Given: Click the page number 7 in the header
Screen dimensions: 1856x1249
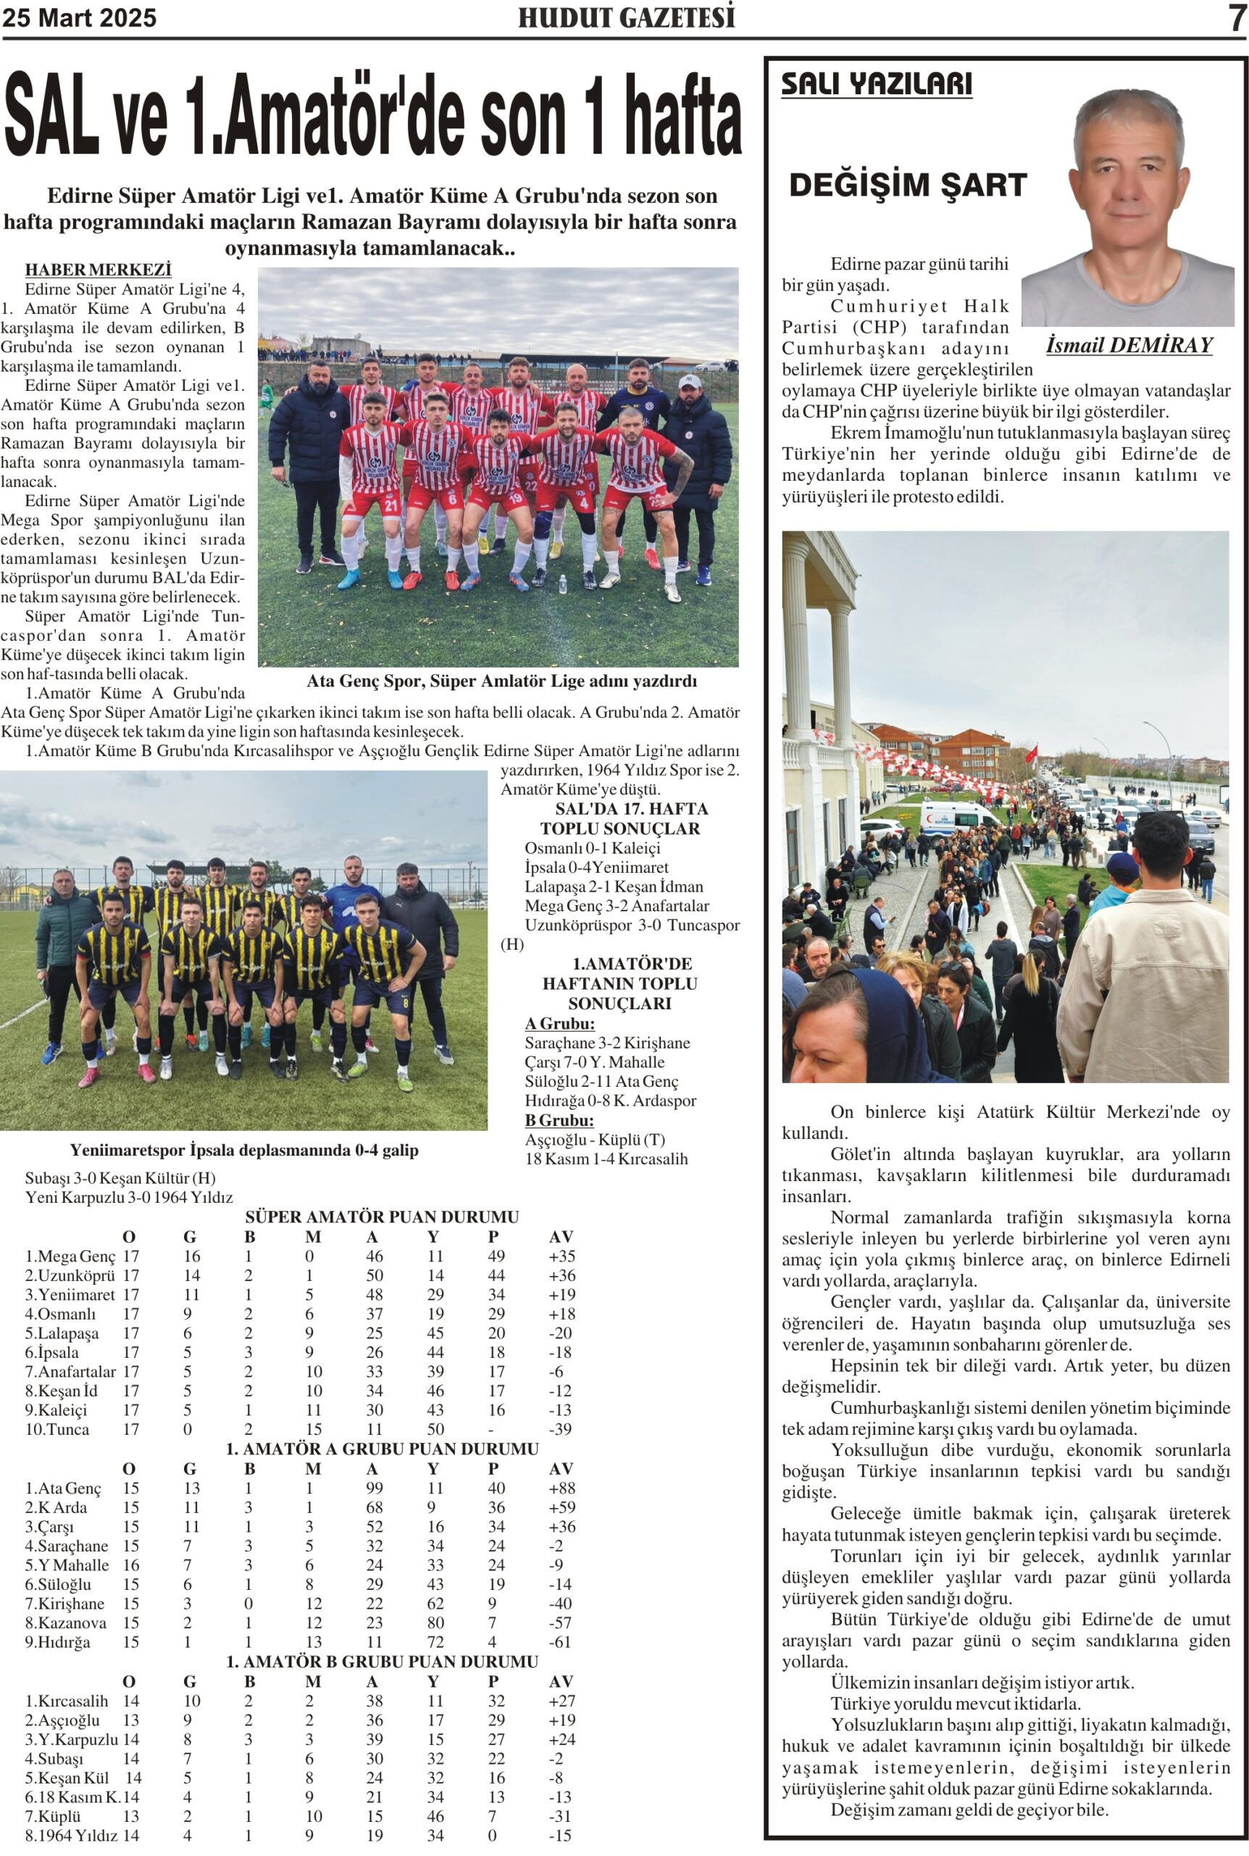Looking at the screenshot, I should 1235,17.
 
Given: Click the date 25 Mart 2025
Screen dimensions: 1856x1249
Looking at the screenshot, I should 79,17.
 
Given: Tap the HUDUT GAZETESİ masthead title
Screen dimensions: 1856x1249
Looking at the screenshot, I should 626,17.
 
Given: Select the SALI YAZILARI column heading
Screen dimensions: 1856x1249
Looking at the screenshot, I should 876,83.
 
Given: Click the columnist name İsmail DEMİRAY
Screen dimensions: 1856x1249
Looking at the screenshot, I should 1129,345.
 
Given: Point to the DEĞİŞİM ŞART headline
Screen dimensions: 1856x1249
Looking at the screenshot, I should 907,185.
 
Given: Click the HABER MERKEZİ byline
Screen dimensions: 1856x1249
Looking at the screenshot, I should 98,270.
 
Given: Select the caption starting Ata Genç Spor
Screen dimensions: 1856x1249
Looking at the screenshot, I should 502,681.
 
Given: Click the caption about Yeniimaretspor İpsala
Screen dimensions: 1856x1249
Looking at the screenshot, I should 243,1150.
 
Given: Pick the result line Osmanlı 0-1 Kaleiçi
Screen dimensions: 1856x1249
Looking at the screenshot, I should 592,848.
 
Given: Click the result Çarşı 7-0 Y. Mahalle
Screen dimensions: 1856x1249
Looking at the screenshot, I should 593,1061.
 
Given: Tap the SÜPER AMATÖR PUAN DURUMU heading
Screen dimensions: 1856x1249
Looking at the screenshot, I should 382,1217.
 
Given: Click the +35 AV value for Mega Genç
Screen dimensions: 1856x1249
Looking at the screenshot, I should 561,1256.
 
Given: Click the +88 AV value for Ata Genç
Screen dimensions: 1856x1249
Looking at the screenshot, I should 561,1488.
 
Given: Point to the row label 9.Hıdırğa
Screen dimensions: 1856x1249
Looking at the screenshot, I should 57,1641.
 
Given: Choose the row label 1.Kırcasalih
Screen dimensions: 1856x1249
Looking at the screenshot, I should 66,1701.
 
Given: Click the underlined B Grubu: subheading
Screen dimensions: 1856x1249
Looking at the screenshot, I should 559,1119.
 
